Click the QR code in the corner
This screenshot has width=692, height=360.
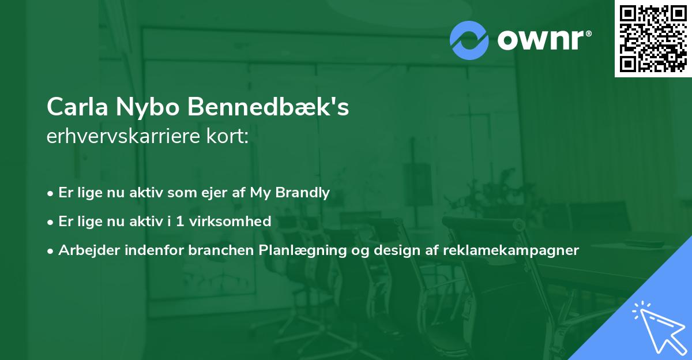click(653, 39)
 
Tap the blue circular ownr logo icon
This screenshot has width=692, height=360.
click(469, 40)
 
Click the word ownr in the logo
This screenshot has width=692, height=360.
click(540, 40)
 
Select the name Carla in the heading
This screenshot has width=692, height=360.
click(77, 107)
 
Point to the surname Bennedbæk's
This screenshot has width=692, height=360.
click(268, 107)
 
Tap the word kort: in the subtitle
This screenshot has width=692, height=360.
click(227, 136)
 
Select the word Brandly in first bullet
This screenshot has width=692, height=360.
click(302, 193)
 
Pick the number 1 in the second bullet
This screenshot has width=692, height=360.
click(179, 222)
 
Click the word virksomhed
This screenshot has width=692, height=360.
click(230, 222)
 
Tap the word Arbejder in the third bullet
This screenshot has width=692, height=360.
click(89, 250)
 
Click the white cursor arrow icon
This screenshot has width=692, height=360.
click(660, 328)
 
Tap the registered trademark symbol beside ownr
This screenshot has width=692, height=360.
click(588, 33)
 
